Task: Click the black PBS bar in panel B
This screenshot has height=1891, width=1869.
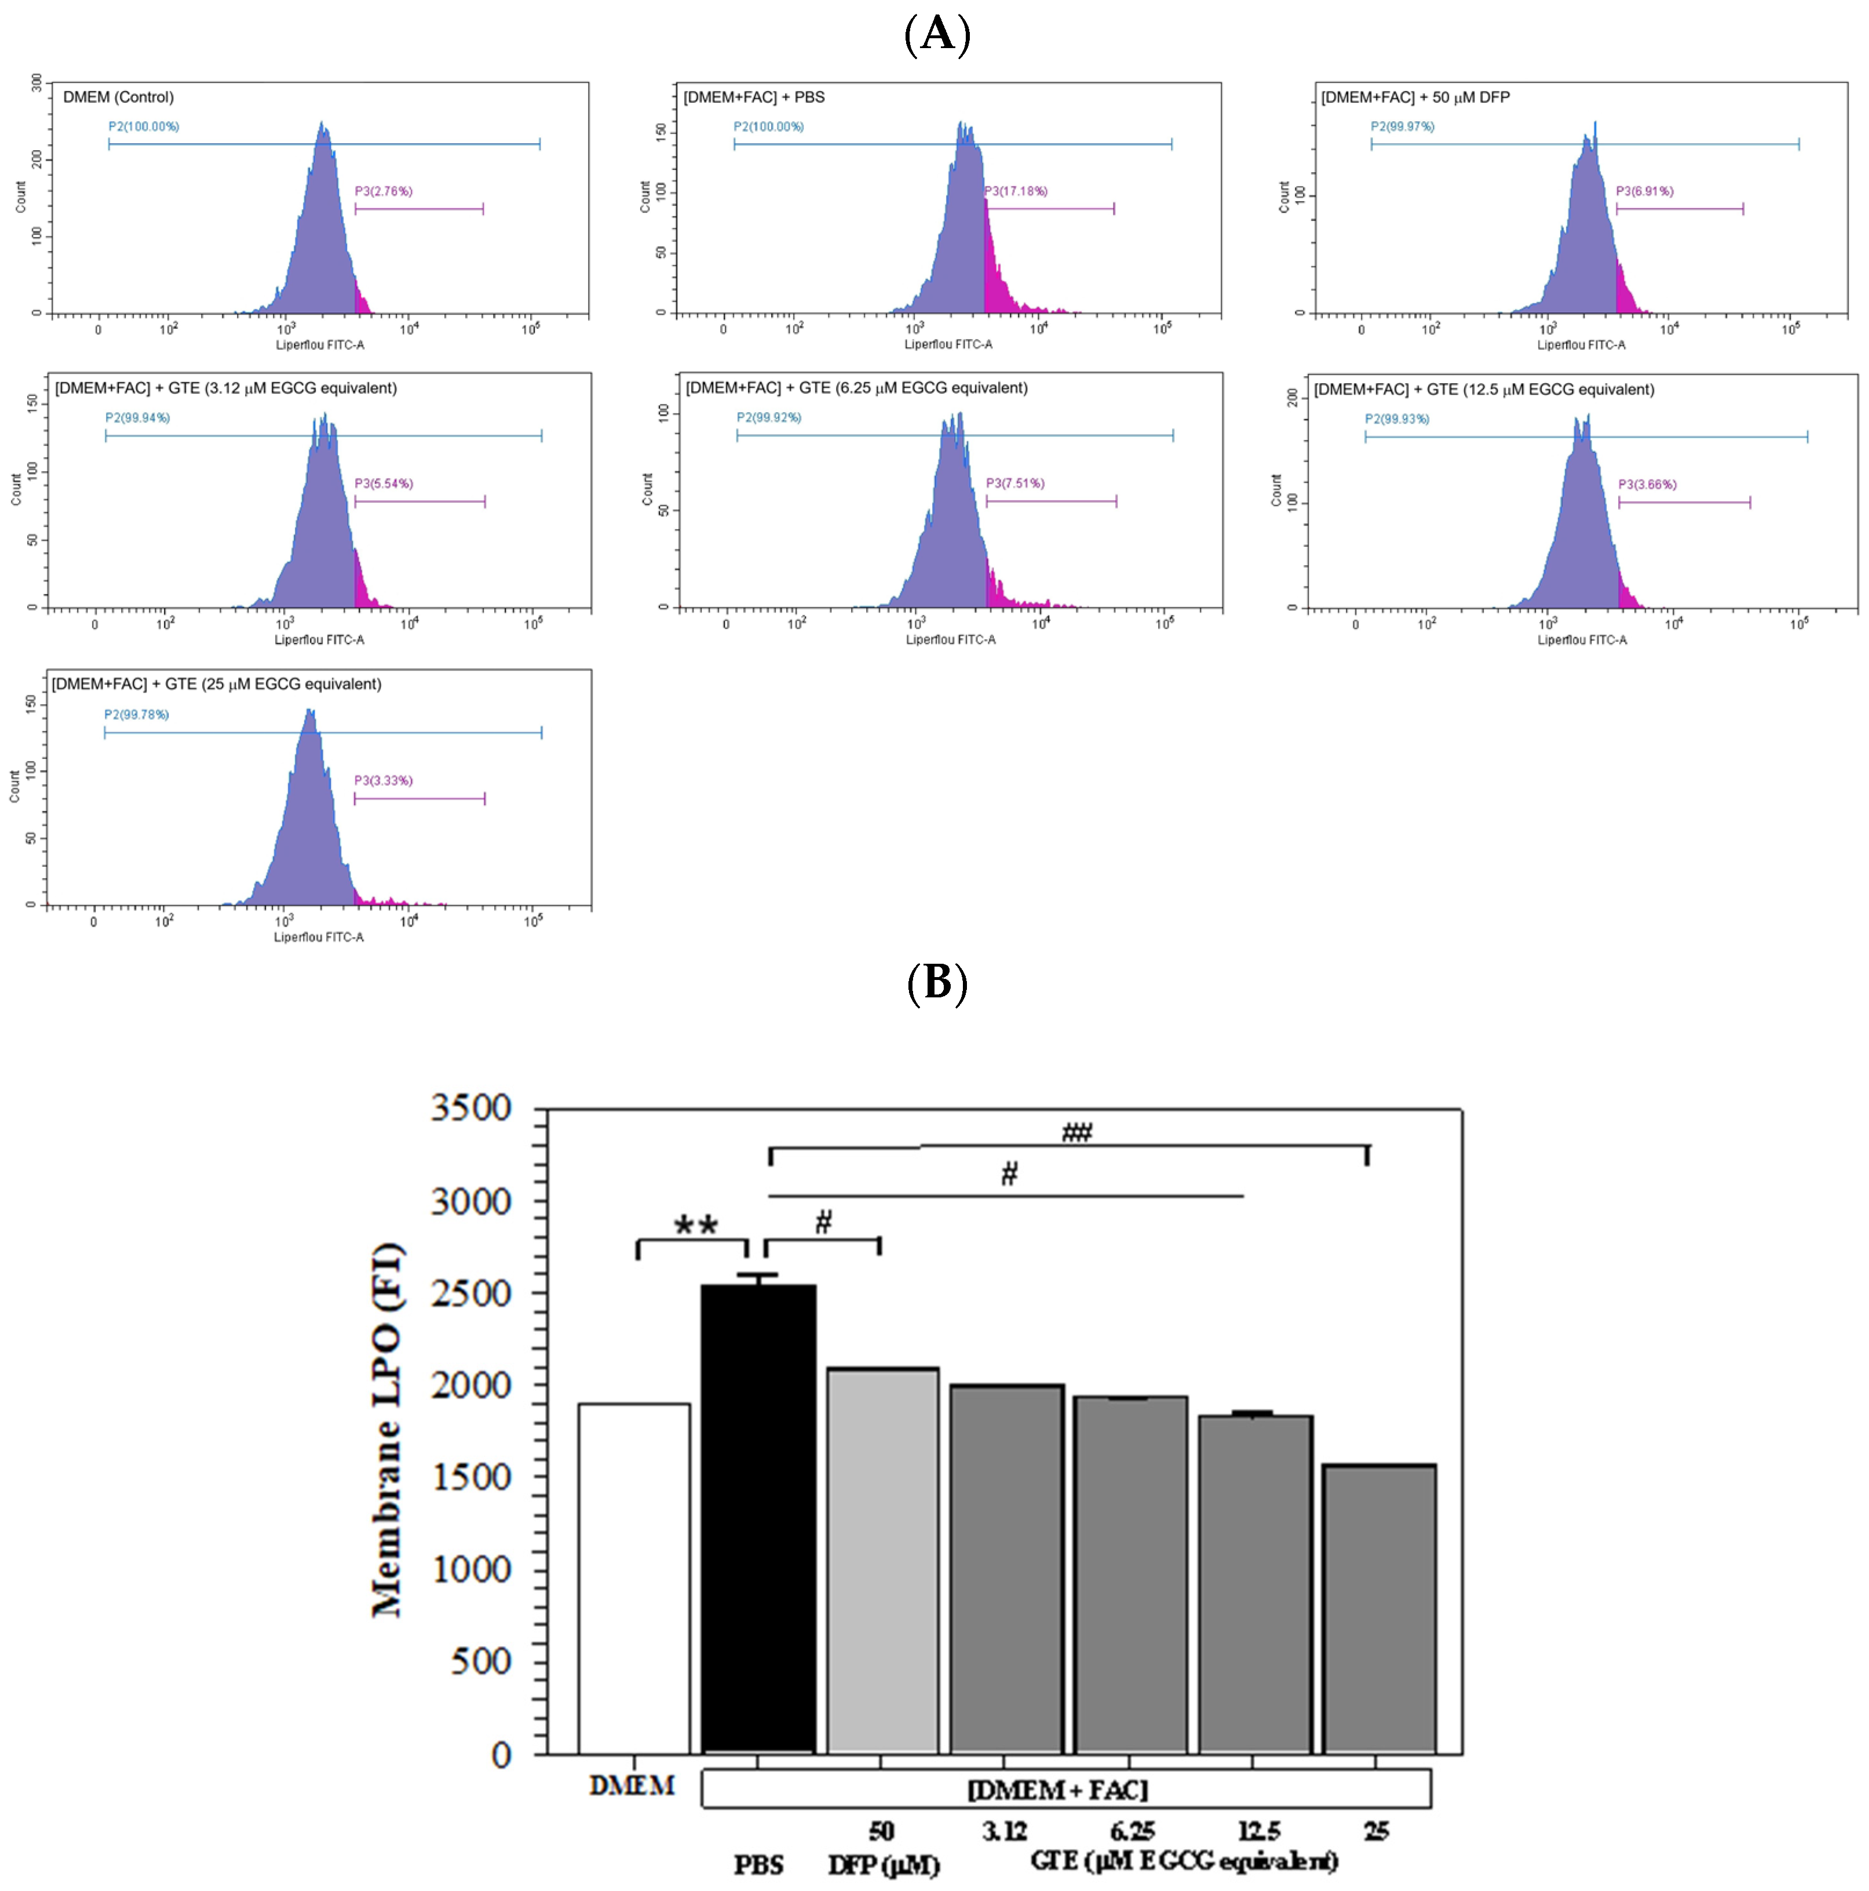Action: [x=758, y=1517]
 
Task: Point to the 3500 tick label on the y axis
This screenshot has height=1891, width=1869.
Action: [x=470, y=1108]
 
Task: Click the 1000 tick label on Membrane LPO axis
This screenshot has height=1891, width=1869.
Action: [x=470, y=1569]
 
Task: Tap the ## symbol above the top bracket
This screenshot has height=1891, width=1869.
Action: [x=1076, y=1132]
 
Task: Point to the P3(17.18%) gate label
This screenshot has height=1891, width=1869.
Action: [x=1016, y=191]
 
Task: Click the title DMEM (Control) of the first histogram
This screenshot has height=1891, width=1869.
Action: [x=118, y=97]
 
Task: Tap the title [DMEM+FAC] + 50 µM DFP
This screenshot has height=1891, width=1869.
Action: [x=1415, y=97]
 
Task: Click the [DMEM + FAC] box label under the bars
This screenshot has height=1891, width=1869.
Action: [x=1057, y=1789]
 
